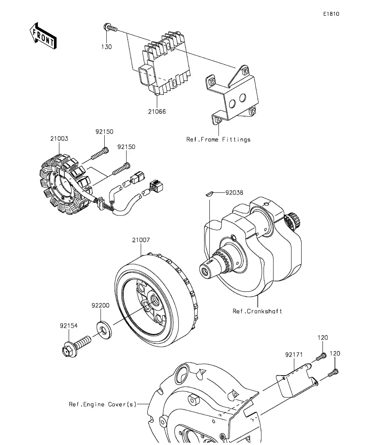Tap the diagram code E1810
(331, 14)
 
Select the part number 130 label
(106, 47)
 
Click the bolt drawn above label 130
(109, 29)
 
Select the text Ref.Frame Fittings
(218, 140)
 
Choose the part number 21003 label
(59, 138)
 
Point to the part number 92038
(235, 193)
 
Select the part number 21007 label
(141, 240)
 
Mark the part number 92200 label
(100, 306)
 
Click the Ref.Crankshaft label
(257, 311)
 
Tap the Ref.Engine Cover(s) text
(103, 404)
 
